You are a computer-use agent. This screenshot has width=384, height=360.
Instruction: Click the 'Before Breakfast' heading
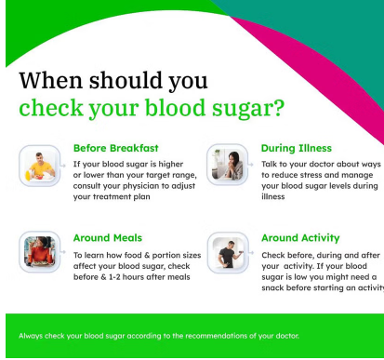(x=115, y=147)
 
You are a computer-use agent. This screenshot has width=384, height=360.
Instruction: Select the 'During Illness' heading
(x=296, y=147)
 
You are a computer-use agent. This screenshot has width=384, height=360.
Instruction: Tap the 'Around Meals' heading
(x=108, y=237)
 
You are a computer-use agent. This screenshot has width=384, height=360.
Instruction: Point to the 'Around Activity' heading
(x=300, y=237)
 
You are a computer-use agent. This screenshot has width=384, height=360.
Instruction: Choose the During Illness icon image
(x=227, y=164)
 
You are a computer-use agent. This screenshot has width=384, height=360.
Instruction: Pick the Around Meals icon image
(x=38, y=251)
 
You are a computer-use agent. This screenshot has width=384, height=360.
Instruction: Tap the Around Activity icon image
(x=227, y=251)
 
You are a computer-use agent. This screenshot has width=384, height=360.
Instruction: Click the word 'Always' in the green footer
(x=32, y=336)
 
